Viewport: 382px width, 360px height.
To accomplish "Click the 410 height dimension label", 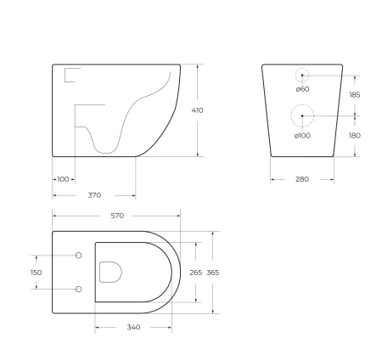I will (198, 110).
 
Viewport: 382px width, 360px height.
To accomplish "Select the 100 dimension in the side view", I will (64, 179).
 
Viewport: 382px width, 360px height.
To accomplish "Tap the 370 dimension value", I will (95, 195).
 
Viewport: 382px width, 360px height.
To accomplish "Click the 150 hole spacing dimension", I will (36, 273).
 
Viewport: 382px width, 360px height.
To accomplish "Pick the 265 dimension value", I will (195, 273).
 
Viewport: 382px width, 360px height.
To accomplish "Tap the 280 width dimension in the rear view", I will (302, 179).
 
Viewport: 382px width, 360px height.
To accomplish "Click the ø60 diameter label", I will (301, 88).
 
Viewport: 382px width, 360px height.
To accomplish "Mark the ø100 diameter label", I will (303, 136).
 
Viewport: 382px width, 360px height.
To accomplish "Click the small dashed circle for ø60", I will (302, 75).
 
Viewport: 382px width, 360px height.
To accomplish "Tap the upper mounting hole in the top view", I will (80, 256).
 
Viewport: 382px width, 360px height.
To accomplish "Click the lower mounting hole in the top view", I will (80, 289).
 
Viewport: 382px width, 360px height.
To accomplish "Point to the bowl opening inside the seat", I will (110, 272).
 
